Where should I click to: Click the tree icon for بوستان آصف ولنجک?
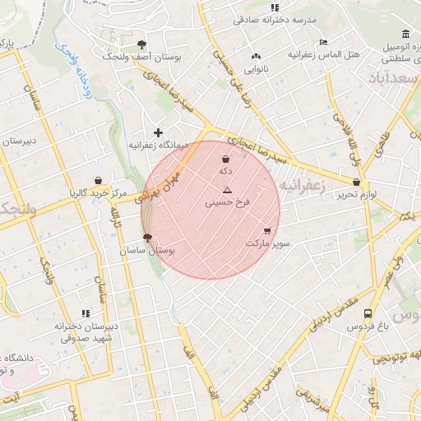point(142,44)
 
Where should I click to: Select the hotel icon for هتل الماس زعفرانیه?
point(323,42)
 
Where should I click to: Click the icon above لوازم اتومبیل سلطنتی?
point(405,34)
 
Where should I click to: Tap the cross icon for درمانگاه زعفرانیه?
point(159,132)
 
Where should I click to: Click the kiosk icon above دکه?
point(225,159)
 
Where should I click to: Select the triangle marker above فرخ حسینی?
point(228,189)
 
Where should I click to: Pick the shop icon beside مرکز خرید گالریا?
point(99,180)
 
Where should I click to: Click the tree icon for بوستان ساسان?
point(147,237)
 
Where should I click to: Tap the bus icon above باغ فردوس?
point(367,313)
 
